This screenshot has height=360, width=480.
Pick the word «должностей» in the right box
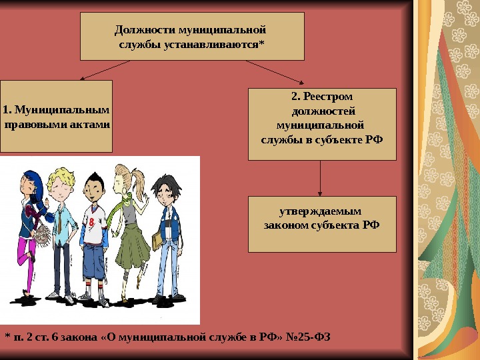click(x=322, y=111)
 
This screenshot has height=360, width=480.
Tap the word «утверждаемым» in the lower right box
click(x=321, y=210)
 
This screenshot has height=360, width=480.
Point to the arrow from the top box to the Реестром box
click(x=273, y=72)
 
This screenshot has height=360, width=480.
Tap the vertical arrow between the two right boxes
click(x=321, y=177)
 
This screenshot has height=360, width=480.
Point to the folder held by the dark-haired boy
click(x=158, y=237)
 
